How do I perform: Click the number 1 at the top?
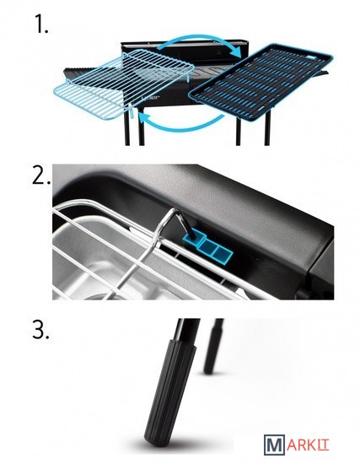[40, 24]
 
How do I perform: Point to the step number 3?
[40, 330]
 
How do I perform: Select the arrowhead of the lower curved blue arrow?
[144, 119]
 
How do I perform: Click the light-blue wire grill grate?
[124, 84]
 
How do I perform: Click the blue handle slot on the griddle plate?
[310, 57]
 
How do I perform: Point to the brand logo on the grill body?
[150, 97]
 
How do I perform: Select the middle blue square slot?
[207, 245]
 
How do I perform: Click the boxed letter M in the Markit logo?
[274, 445]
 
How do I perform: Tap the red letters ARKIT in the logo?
[308, 445]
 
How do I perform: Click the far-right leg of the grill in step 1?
[268, 127]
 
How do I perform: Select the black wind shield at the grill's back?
[185, 51]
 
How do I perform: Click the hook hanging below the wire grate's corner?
[132, 111]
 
